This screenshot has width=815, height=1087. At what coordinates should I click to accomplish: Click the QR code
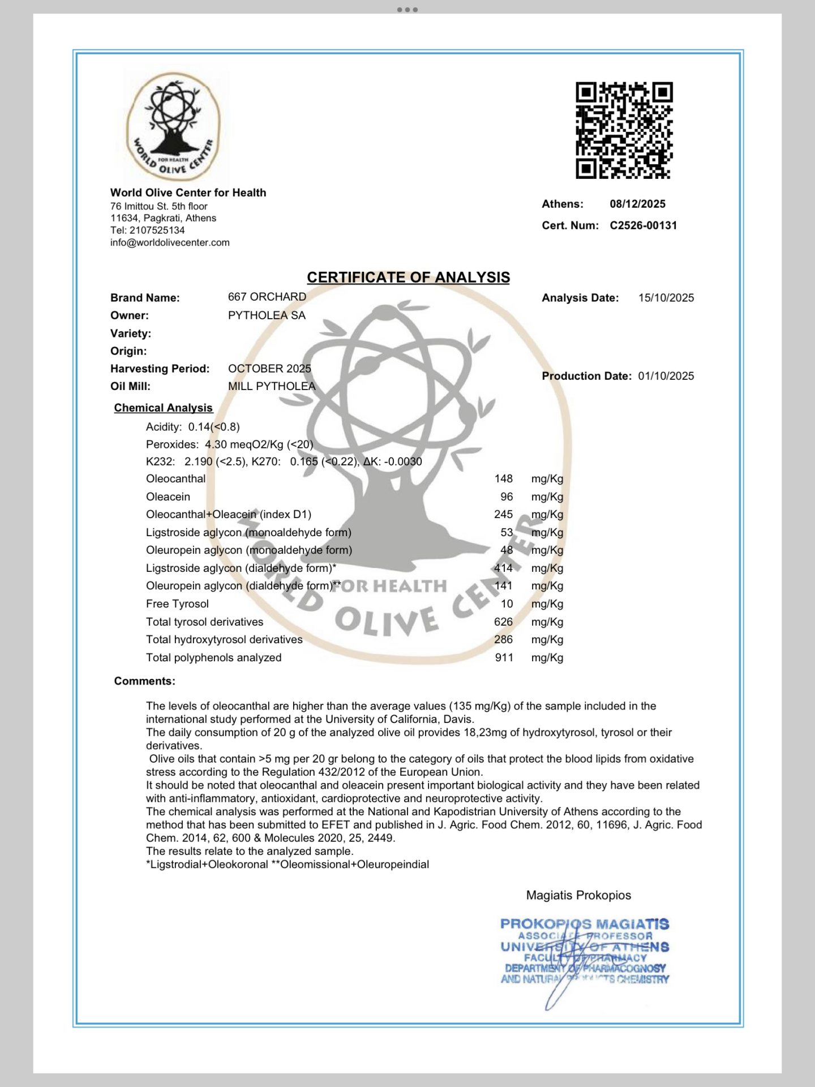pyautogui.click(x=624, y=130)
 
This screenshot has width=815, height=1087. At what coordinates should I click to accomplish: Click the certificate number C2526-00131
pyautogui.click(x=643, y=225)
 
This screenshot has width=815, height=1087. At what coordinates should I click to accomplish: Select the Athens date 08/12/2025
pyautogui.click(x=637, y=204)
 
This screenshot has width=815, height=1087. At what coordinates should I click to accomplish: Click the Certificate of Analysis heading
pyautogui.click(x=408, y=277)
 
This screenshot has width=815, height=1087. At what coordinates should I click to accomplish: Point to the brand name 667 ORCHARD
pyautogui.click(x=267, y=297)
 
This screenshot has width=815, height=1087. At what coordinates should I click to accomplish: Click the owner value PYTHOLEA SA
pyautogui.click(x=267, y=315)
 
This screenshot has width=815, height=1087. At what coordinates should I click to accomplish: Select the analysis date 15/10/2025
pyautogui.click(x=666, y=298)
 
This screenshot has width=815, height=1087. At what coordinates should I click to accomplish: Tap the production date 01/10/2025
pyautogui.click(x=666, y=376)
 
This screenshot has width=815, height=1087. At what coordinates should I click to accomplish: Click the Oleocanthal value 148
pyautogui.click(x=503, y=479)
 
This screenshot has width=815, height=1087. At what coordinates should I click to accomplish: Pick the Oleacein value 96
pyautogui.click(x=507, y=497)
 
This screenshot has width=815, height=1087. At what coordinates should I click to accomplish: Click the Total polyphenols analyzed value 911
pyautogui.click(x=504, y=658)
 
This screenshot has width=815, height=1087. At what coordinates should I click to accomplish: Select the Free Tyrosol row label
pyautogui.click(x=177, y=604)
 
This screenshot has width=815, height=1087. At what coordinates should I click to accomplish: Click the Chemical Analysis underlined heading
pyautogui.click(x=163, y=408)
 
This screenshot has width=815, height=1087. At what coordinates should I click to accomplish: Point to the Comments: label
pyautogui.click(x=144, y=681)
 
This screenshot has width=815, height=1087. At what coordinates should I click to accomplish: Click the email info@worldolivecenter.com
pyautogui.click(x=170, y=242)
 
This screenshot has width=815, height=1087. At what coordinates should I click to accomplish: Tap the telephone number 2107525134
pyautogui.click(x=157, y=230)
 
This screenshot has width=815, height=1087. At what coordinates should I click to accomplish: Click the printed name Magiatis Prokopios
pyautogui.click(x=578, y=895)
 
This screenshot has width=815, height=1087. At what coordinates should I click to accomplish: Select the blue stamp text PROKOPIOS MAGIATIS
pyautogui.click(x=584, y=924)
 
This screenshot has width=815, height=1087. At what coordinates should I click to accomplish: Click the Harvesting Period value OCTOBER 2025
pyautogui.click(x=269, y=369)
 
